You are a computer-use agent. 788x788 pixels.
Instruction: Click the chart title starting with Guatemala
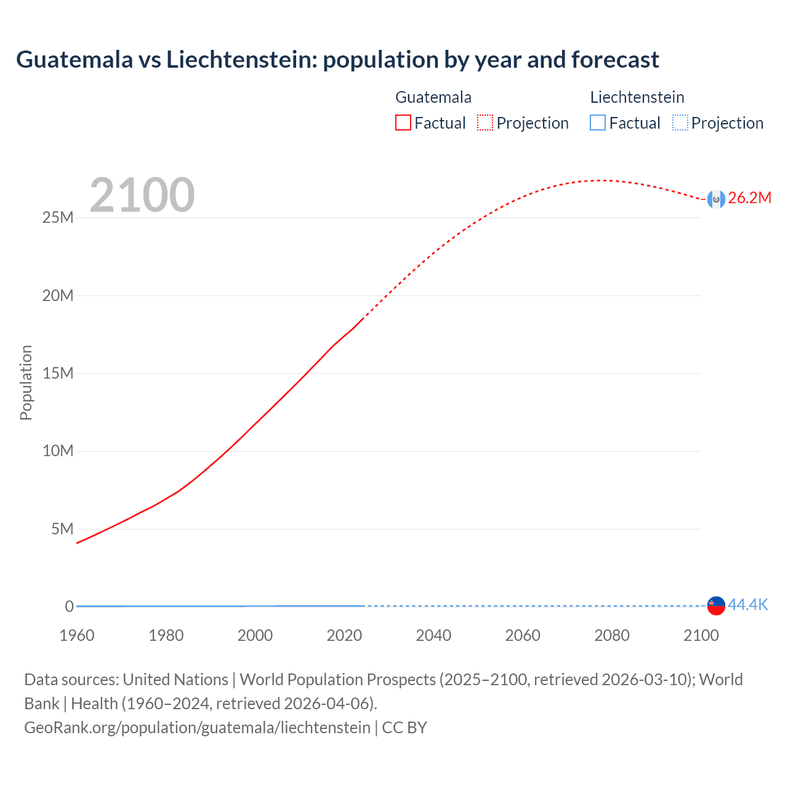pyautogui.click(x=337, y=60)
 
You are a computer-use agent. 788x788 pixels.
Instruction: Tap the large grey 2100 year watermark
pyautogui.click(x=142, y=195)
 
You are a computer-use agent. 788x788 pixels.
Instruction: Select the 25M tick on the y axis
pyautogui.click(x=58, y=218)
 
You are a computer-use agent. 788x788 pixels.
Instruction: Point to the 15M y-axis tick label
pyautogui.click(x=58, y=374)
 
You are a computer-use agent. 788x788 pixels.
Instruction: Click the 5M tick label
pyautogui.click(x=62, y=529)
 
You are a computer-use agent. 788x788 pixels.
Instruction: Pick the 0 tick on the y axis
pyautogui.click(x=69, y=607)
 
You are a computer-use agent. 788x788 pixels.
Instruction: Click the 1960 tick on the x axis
pyautogui.click(x=77, y=635)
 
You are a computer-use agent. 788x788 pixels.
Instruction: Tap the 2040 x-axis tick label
pyautogui.click(x=433, y=635)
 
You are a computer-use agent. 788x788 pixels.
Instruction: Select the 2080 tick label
pyautogui.click(x=612, y=635)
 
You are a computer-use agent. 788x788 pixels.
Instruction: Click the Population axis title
pyautogui.click(x=26, y=382)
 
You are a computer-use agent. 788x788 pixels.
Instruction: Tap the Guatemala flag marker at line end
pyautogui.click(x=716, y=199)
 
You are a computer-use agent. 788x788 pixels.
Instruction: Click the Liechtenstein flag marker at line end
pyautogui.click(x=716, y=606)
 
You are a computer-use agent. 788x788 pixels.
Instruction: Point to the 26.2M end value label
pyautogui.click(x=749, y=198)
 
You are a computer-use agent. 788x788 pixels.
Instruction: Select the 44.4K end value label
pyautogui.click(x=748, y=605)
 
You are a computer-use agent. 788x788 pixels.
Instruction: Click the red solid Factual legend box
pyautogui.click(x=403, y=123)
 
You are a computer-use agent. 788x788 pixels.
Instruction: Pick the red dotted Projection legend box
pyautogui.click(x=485, y=123)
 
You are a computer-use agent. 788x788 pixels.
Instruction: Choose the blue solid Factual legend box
pyautogui.click(x=598, y=123)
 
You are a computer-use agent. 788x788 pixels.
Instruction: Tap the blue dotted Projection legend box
pyautogui.click(x=680, y=123)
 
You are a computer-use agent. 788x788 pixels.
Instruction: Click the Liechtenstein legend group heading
pyautogui.click(x=637, y=97)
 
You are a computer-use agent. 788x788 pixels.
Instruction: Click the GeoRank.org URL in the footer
pyautogui.click(x=197, y=728)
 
